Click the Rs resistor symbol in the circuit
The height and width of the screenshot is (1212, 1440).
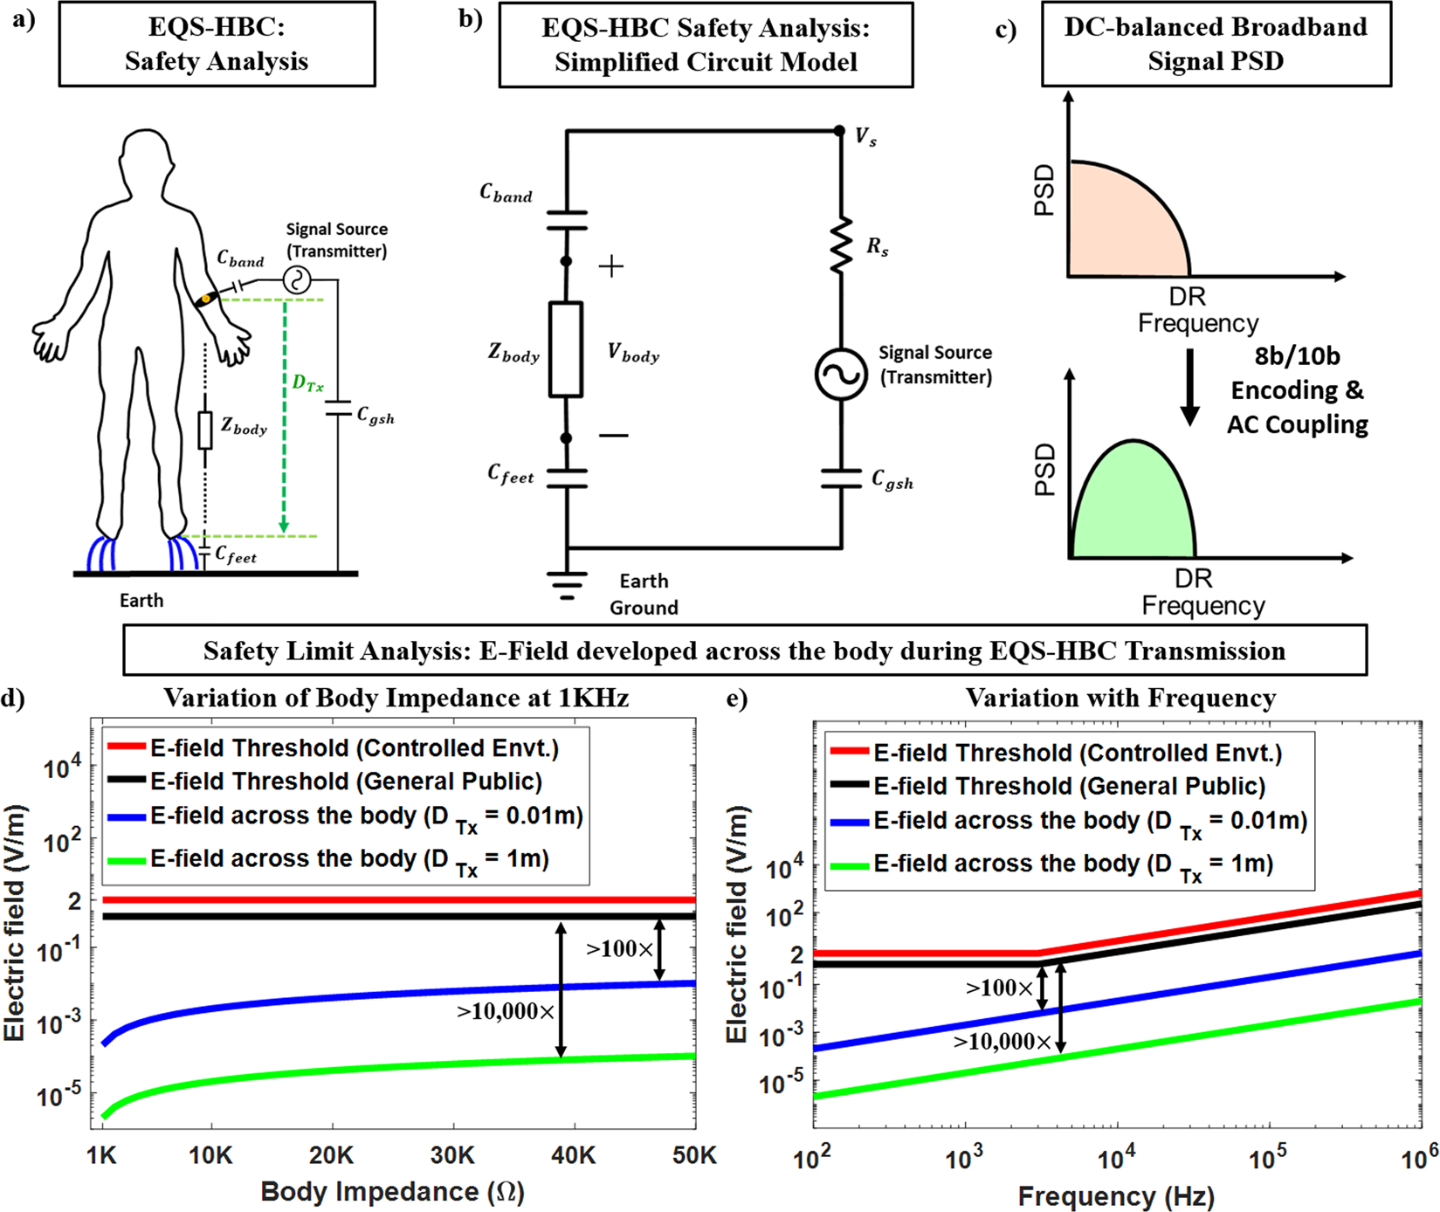(x=841, y=245)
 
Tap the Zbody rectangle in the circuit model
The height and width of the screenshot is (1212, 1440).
(x=566, y=350)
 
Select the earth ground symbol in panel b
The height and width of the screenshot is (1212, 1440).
(x=567, y=584)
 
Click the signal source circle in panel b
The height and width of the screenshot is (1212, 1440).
(x=841, y=374)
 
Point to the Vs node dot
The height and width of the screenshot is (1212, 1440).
(x=839, y=131)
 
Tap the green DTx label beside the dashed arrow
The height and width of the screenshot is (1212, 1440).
(x=307, y=383)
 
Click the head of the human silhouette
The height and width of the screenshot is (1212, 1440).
(x=147, y=158)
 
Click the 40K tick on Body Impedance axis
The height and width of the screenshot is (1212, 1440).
(x=573, y=1156)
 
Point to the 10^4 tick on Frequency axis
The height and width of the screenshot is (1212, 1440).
(x=1116, y=1158)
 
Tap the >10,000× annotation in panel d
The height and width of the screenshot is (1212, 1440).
(x=506, y=1011)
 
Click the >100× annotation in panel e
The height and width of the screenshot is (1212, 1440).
(x=999, y=988)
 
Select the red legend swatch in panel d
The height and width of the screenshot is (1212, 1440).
(x=126, y=747)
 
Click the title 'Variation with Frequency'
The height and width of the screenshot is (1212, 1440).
(x=1120, y=699)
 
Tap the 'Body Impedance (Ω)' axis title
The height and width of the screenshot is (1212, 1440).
(x=392, y=1191)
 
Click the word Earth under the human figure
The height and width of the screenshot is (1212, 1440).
(x=141, y=601)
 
